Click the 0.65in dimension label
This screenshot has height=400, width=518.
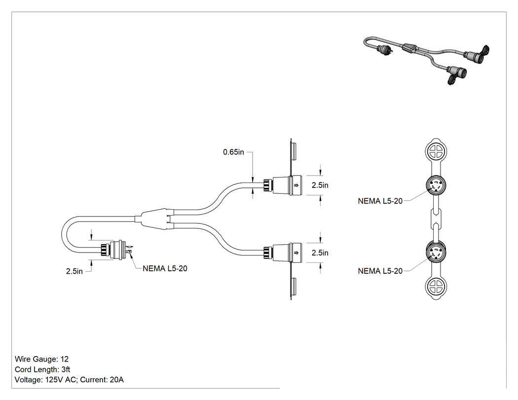(233, 152)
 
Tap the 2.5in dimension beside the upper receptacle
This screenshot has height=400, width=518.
(320, 185)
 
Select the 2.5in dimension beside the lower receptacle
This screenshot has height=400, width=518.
(320, 253)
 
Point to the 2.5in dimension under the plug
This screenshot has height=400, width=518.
(74, 271)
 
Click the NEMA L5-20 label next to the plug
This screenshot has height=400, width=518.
(165, 268)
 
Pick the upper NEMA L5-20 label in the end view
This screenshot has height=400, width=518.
(380, 201)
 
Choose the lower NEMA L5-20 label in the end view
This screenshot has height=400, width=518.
(380, 271)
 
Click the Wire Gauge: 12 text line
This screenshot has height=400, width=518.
(41, 359)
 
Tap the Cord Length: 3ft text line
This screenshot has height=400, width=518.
(42, 369)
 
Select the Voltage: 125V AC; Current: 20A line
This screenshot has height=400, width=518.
(69, 380)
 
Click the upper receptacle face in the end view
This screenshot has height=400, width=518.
(436, 186)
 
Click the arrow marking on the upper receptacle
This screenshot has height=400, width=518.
(296, 185)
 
